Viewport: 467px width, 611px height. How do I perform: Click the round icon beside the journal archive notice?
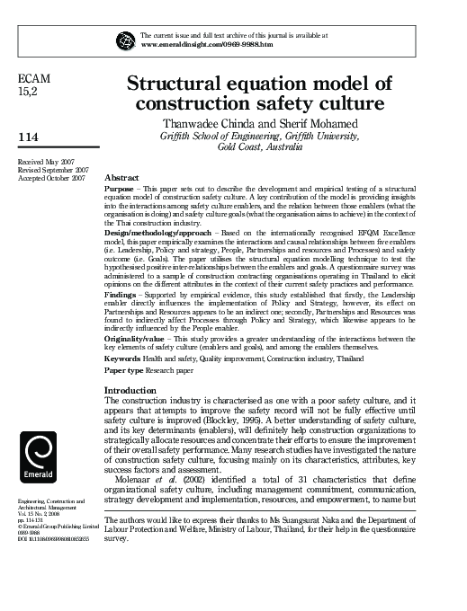click(124, 39)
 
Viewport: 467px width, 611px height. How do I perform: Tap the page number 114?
click(30, 136)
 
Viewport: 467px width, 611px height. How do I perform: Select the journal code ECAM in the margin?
click(34, 78)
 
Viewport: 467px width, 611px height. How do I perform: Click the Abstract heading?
click(121, 178)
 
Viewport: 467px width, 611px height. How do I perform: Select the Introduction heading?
click(131, 391)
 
